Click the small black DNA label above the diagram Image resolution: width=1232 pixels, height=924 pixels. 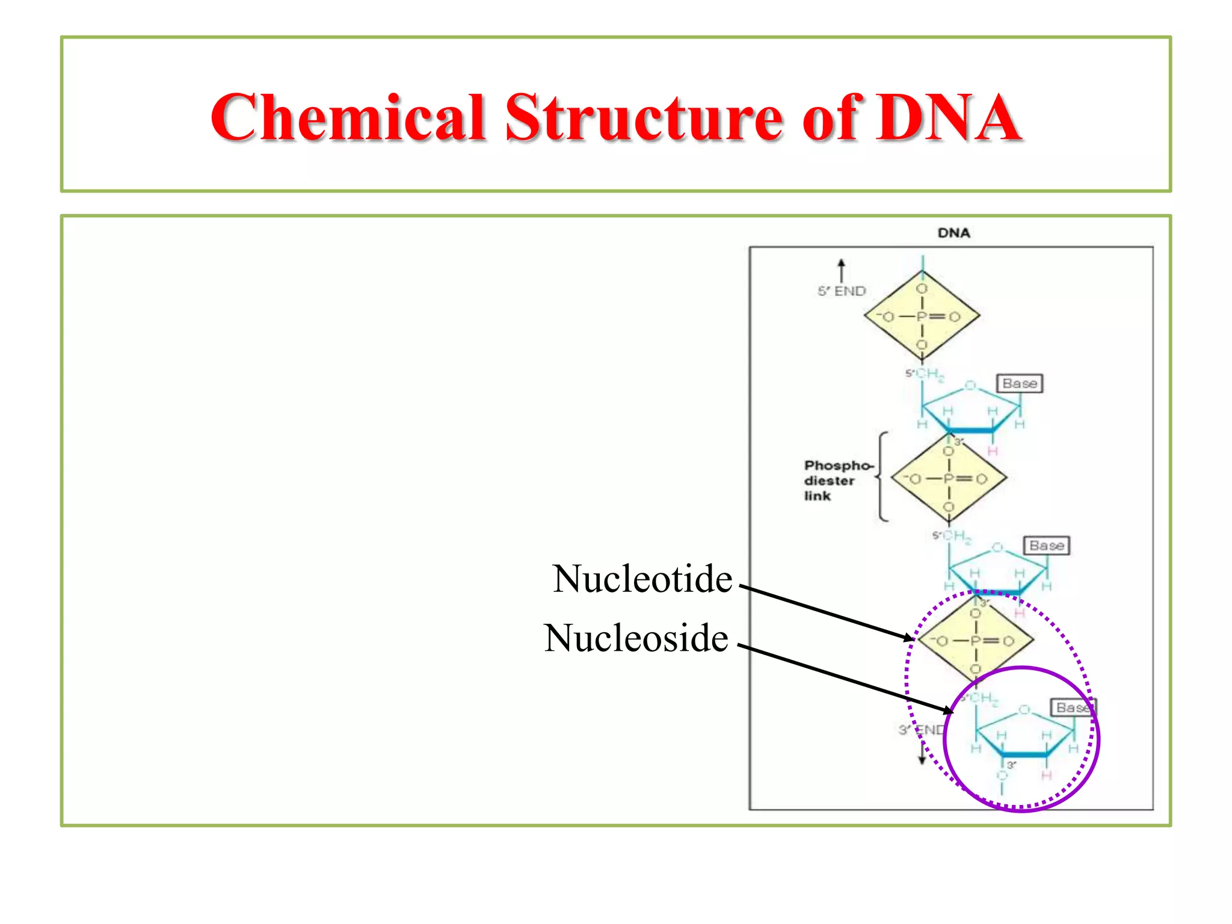(x=953, y=233)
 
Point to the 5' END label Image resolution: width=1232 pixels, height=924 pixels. (x=842, y=291)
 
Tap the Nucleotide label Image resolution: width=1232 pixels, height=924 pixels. (x=642, y=579)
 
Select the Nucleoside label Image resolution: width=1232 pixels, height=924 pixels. (x=636, y=638)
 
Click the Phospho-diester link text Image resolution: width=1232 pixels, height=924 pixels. (x=836, y=480)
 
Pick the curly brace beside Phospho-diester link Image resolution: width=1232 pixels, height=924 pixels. (x=881, y=476)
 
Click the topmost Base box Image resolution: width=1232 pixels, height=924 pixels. (x=1020, y=383)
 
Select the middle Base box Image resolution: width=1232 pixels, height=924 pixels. (x=1046, y=546)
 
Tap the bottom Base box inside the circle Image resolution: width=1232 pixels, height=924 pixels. (x=1073, y=707)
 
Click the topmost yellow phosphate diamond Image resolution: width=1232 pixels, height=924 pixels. (x=922, y=316)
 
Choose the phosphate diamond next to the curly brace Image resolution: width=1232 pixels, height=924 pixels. (x=949, y=478)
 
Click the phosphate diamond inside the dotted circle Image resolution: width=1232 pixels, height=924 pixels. (x=975, y=641)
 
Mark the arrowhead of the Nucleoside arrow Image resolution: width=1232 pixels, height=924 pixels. (x=949, y=711)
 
